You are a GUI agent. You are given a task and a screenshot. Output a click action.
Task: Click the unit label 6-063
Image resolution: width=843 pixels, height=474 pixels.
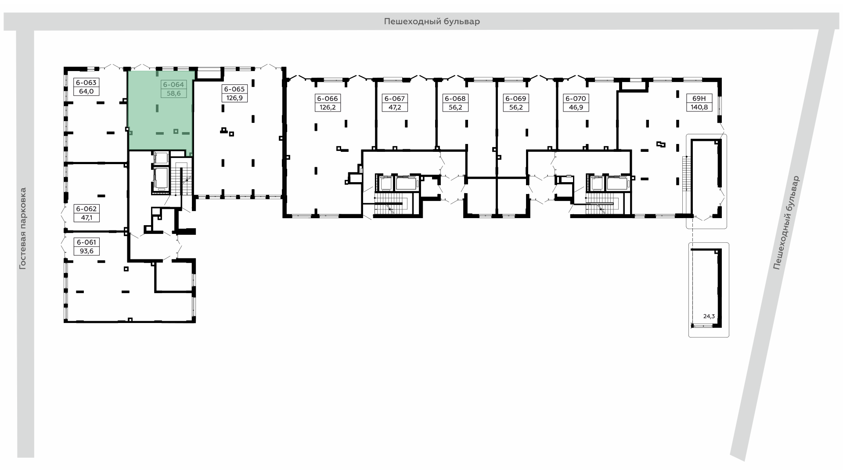[86, 83]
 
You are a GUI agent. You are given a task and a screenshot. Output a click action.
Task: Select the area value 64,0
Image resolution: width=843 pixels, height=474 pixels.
[86, 92]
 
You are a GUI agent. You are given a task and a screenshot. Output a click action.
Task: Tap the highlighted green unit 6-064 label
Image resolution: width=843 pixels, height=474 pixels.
[173, 84]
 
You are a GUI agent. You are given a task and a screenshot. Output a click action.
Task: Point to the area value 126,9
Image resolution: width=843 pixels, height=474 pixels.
[234, 98]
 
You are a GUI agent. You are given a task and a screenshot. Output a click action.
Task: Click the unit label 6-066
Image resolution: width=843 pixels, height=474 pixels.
[328, 99]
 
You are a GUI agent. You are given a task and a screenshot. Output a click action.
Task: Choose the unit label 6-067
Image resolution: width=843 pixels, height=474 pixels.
[394, 99]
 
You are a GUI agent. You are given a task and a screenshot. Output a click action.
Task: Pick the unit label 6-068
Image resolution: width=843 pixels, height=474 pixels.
[455, 99]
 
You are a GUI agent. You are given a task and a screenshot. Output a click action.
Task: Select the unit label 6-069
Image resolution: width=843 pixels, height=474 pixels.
[515, 99]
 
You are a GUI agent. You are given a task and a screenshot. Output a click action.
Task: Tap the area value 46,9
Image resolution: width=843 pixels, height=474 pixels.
[576, 108]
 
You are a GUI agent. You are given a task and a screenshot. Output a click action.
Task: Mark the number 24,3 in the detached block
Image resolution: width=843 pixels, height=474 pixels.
[709, 316]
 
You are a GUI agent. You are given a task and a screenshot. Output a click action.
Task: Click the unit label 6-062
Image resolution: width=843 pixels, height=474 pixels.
[86, 209]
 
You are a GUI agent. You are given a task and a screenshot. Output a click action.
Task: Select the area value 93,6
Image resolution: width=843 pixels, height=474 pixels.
[86, 251]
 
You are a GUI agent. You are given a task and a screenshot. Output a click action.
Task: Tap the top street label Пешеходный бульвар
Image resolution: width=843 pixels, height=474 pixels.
[432, 22]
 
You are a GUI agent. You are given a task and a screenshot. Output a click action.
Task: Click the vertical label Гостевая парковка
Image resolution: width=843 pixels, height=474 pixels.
[23, 229]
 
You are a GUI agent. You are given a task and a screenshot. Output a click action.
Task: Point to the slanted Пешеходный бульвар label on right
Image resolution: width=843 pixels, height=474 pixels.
[786, 223]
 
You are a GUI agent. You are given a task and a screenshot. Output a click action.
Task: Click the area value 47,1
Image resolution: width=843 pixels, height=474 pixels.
[86, 218]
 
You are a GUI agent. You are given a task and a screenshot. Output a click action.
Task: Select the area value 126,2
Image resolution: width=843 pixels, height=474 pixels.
[328, 108]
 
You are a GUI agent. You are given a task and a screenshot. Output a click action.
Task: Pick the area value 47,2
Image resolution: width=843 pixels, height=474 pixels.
[394, 108]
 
